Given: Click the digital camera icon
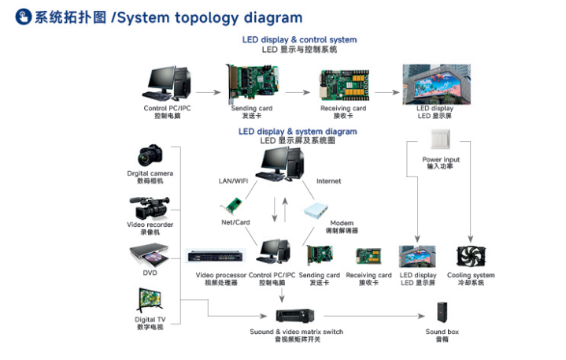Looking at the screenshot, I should coord(150,155).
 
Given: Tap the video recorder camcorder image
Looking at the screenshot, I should coord(150,207).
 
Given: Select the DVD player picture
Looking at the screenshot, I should coord(150,256).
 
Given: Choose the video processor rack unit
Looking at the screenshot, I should coord(216,256).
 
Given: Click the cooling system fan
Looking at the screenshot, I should coord(471,257).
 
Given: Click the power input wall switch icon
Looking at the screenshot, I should coord(441,140).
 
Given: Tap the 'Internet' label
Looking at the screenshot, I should coord(329,181).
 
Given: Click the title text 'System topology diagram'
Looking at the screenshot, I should coord(212,17).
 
